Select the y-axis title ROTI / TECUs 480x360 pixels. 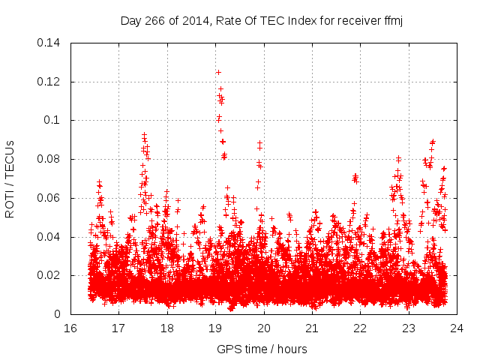[10, 178]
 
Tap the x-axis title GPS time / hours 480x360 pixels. [261, 349]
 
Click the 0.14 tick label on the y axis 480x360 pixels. [50, 42]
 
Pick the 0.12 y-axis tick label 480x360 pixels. [50, 81]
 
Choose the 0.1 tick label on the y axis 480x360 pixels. [54, 120]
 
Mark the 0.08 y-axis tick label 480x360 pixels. [50, 159]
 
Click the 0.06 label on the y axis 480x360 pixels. [50, 198]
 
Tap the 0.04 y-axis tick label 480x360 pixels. [50, 237]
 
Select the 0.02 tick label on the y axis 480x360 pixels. [50, 275]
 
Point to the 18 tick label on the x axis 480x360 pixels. [166, 328]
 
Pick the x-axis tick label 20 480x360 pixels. [263, 328]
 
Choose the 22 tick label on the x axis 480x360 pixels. [360, 328]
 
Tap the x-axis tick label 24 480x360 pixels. [457, 328]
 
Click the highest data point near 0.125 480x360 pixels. [218, 72]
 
